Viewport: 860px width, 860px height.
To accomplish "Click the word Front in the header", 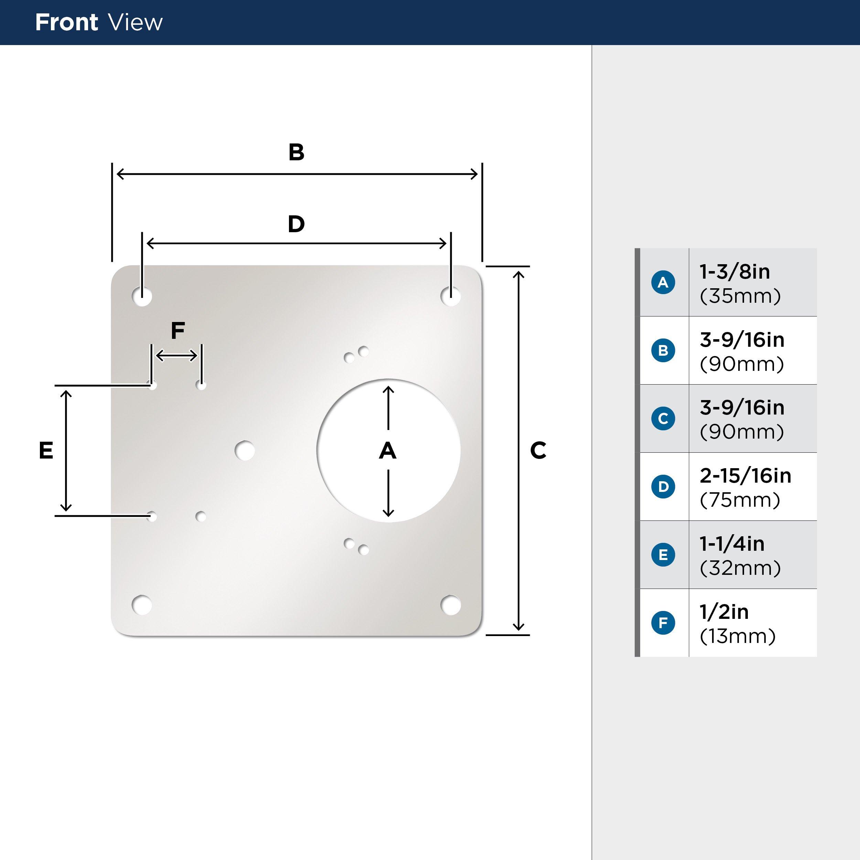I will point(66,22).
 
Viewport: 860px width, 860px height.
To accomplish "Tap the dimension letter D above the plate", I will point(296,224).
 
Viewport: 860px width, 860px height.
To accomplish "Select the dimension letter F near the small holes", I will point(178,331).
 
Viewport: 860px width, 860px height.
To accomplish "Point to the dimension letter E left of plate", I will point(46,451).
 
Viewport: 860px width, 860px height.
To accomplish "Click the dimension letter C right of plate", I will point(538,451).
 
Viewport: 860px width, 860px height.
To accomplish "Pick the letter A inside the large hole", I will point(387,451).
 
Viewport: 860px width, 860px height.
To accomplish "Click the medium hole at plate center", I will point(244,451).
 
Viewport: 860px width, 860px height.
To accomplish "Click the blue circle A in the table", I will point(663,282).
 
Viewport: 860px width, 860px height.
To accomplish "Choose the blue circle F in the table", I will point(663,623).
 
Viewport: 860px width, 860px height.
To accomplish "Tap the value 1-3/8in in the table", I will point(734,271).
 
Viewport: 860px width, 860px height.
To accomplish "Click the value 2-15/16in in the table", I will point(745,476).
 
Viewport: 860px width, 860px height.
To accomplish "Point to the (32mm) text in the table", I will point(740,568).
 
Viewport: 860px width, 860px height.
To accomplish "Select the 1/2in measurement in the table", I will point(724,612).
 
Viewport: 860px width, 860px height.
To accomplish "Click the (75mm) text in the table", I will point(740,500).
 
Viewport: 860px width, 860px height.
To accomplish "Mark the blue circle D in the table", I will point(663,486).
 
